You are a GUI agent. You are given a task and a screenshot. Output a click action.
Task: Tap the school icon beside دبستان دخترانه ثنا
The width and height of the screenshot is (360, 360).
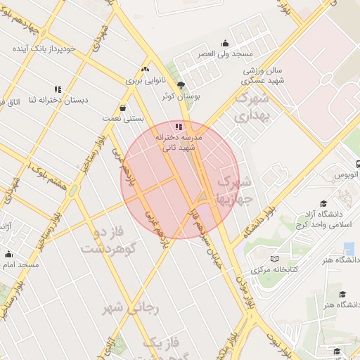[x=58, y=90]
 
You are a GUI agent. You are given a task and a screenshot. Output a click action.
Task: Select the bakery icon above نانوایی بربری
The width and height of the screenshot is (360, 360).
[x=145, y=70]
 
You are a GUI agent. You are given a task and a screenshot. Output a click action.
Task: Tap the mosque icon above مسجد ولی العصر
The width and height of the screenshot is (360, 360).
[x=225, y=43]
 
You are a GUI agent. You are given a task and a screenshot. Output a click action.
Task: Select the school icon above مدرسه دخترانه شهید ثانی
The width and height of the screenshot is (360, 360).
[x=178, y=127]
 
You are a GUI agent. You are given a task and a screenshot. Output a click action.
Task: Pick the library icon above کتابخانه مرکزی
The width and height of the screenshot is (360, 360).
[x=274, y=259]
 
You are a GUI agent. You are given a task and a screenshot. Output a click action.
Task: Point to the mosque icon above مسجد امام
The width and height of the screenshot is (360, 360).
[x=9, y=254]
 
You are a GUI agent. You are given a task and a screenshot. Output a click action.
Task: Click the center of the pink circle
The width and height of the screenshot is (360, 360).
[x=181, y=180]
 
